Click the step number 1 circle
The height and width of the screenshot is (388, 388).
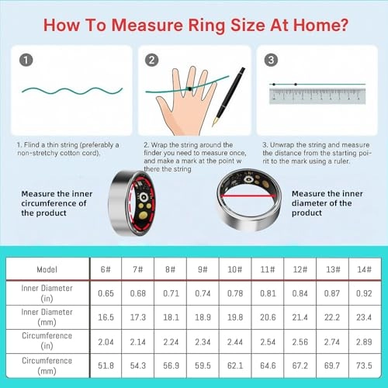[x=27, y=59]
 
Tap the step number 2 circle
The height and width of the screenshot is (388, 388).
[x=153, y=59]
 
